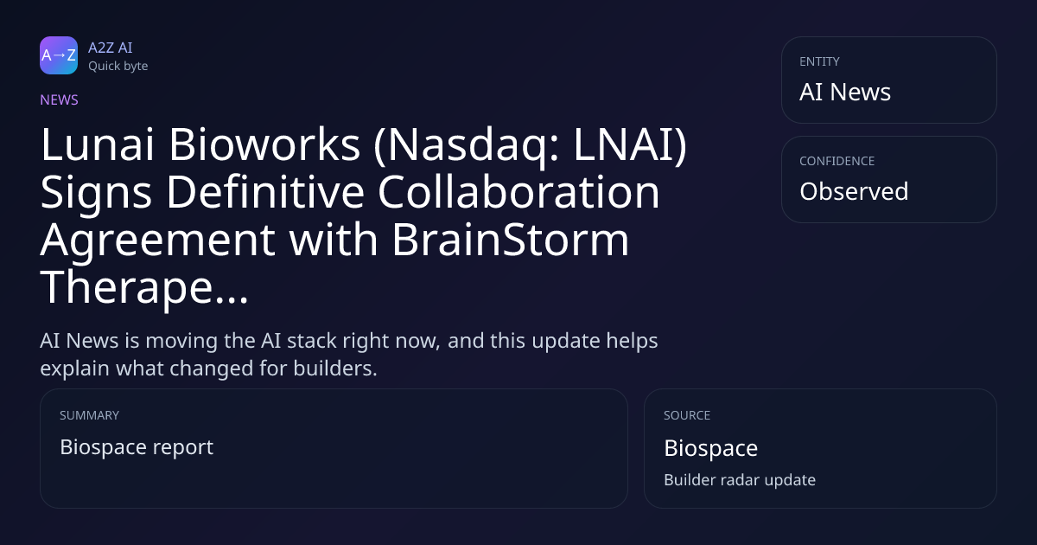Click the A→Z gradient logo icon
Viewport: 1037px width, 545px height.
pyautogui.click(x=59, y=55)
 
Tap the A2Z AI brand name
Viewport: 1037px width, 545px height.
pyautogui.click(x=111, y=48)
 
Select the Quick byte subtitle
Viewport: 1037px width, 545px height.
pyautogui.click(x=118, y=67)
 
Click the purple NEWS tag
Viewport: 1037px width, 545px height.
pyautogui.click(x=59, y=99)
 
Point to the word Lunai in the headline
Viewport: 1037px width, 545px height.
pyautogui.click(x=97, y=144)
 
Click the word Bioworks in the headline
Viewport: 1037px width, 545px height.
pyautogui.click(x=264, y=144)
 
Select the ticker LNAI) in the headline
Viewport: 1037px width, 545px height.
pyautogui.click(x=630, y=144)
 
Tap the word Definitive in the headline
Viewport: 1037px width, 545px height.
pyautogui.click(x=265, y=192)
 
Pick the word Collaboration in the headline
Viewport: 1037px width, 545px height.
pyautogui.click(x=519, y=192)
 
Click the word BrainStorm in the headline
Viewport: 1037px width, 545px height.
pyautogui.click(x=511, y=239)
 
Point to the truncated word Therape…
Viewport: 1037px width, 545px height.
pyautogui.click(x=144, y=288)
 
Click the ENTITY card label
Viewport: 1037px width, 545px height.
pyautogui.click(x=819, y=61)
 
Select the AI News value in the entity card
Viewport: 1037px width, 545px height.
pyautogui.click(x=845, y=92)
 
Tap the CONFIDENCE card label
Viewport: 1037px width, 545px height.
pyautogui.click(x=837, y=161)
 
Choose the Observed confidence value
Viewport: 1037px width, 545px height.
pyautogui.click(x=854, y=191)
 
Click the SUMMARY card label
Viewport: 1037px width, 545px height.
pyautogui.click(x=89, y=415)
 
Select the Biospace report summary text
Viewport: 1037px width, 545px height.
pyautogui.click(x=137, y=447)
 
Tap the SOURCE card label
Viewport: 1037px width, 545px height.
pyautogui.click(x=687, y=415)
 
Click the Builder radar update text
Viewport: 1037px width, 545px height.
pyautogui.click(x=740, y=480)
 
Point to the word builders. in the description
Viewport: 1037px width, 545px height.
pyautogui.click(x=335, y=369)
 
